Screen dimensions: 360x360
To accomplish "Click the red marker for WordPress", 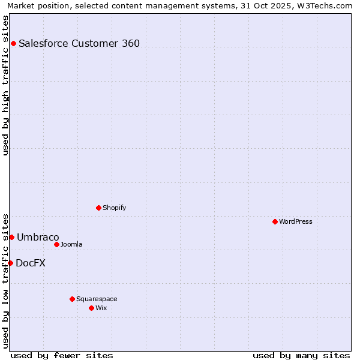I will click(275, 221).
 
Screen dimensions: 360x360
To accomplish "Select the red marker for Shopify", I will click(98, 208).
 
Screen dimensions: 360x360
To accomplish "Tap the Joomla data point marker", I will click(56, 244).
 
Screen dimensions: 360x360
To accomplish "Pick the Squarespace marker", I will click(72, 299).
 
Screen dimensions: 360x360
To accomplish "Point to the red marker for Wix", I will click(91, 308).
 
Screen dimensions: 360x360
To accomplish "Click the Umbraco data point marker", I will click(11, 237).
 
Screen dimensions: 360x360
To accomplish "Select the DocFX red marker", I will click(10, 263).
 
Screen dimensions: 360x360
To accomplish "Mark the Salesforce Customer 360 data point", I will click(13, 43).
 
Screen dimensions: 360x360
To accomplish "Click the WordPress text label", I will click(296, 221).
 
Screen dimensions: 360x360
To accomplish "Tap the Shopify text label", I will click(115, 208).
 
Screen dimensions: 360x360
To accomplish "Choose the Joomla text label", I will click(71, 244).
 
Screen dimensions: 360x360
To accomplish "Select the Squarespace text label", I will click(97, 299).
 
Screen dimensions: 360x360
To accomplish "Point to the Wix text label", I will click(101, 308).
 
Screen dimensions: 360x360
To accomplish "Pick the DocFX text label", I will click(31, 263).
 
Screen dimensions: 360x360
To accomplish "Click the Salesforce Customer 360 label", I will click(79, 43).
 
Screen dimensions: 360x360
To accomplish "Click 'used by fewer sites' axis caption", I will click(62, 355).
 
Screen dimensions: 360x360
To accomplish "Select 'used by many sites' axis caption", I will click(301, 355).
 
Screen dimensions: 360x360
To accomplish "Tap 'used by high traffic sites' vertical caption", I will click(5, 85).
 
